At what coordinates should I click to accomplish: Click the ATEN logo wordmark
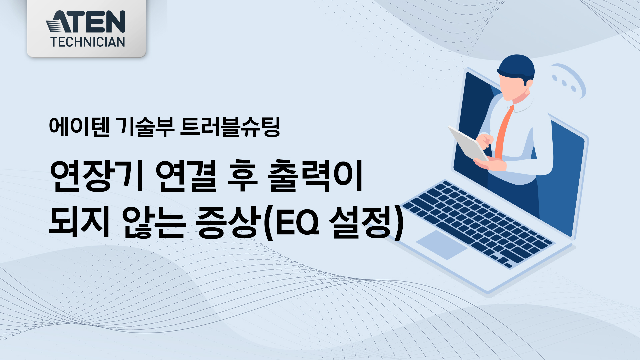point(86,22)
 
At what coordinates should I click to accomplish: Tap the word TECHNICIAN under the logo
point(88,42)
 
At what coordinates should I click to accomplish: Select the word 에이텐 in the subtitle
point(79,127)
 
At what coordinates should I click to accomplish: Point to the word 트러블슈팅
point(230,127)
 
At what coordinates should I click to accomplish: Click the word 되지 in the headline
point(80,222)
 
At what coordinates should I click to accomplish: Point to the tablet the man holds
point(468,143)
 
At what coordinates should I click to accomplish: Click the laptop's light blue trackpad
point(442,245)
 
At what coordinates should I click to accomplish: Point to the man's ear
point(529,83)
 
